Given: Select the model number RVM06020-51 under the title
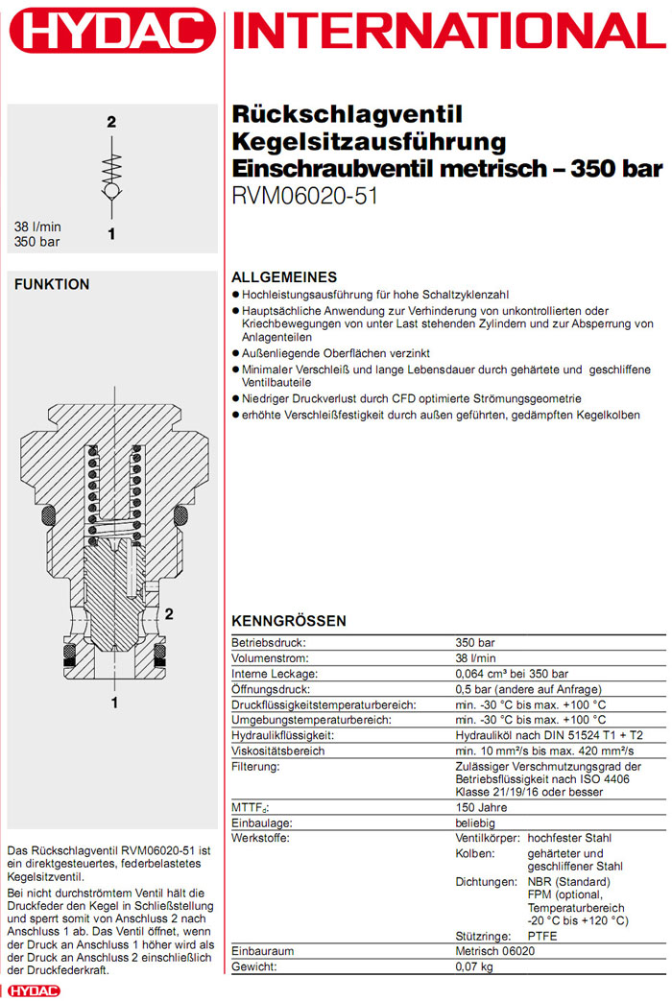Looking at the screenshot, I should click(x=305, y=196).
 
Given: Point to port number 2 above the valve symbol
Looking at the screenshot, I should click(x=111, y=122).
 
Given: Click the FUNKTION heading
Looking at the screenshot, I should click(x=52, y=285).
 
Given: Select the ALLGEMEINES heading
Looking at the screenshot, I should click(x=284, y=276).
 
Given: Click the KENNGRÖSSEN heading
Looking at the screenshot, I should click(x=289, y=621).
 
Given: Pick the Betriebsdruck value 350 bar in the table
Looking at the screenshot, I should click(x=474, y=643).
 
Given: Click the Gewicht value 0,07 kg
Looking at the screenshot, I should click(x=475, y=966).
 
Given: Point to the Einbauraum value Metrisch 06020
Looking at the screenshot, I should click(x=494, y=951).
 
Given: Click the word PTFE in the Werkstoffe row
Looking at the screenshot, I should click(x=542, y=936).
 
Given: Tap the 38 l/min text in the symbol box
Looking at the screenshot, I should click(x=36, y=227).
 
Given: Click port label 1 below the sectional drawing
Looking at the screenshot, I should click(x=114, y=703).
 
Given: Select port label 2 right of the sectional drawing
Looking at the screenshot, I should click(x=169, y=613).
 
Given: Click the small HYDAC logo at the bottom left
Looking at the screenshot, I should click(x=33, y=991).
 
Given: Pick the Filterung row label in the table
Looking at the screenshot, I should click(x=255, y=767).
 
